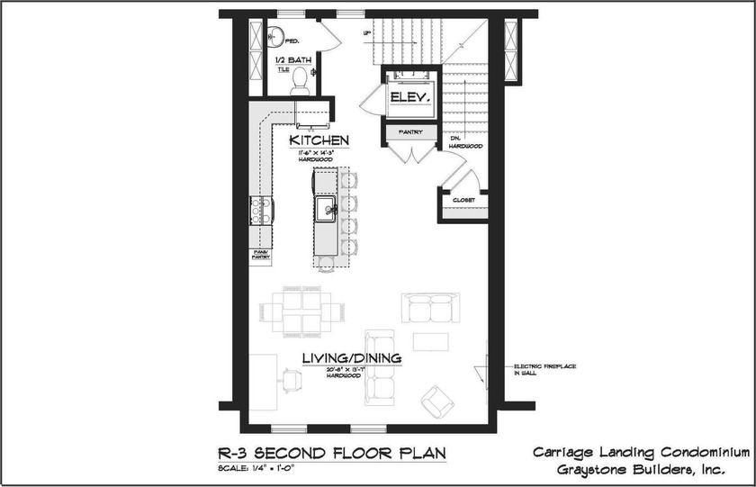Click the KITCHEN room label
[319, 141]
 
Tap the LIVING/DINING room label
[351, 358]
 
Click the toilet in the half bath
[300, 82]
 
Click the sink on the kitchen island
[324, 210]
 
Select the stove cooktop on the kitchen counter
[261, 210]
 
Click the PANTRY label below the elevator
[409, 133]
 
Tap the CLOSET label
[463, 200]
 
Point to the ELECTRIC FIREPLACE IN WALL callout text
[544, 370]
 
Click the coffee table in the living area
[430, 341]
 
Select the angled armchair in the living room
[437, 400]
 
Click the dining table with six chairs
[303, 311]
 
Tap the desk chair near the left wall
[290, 381]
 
